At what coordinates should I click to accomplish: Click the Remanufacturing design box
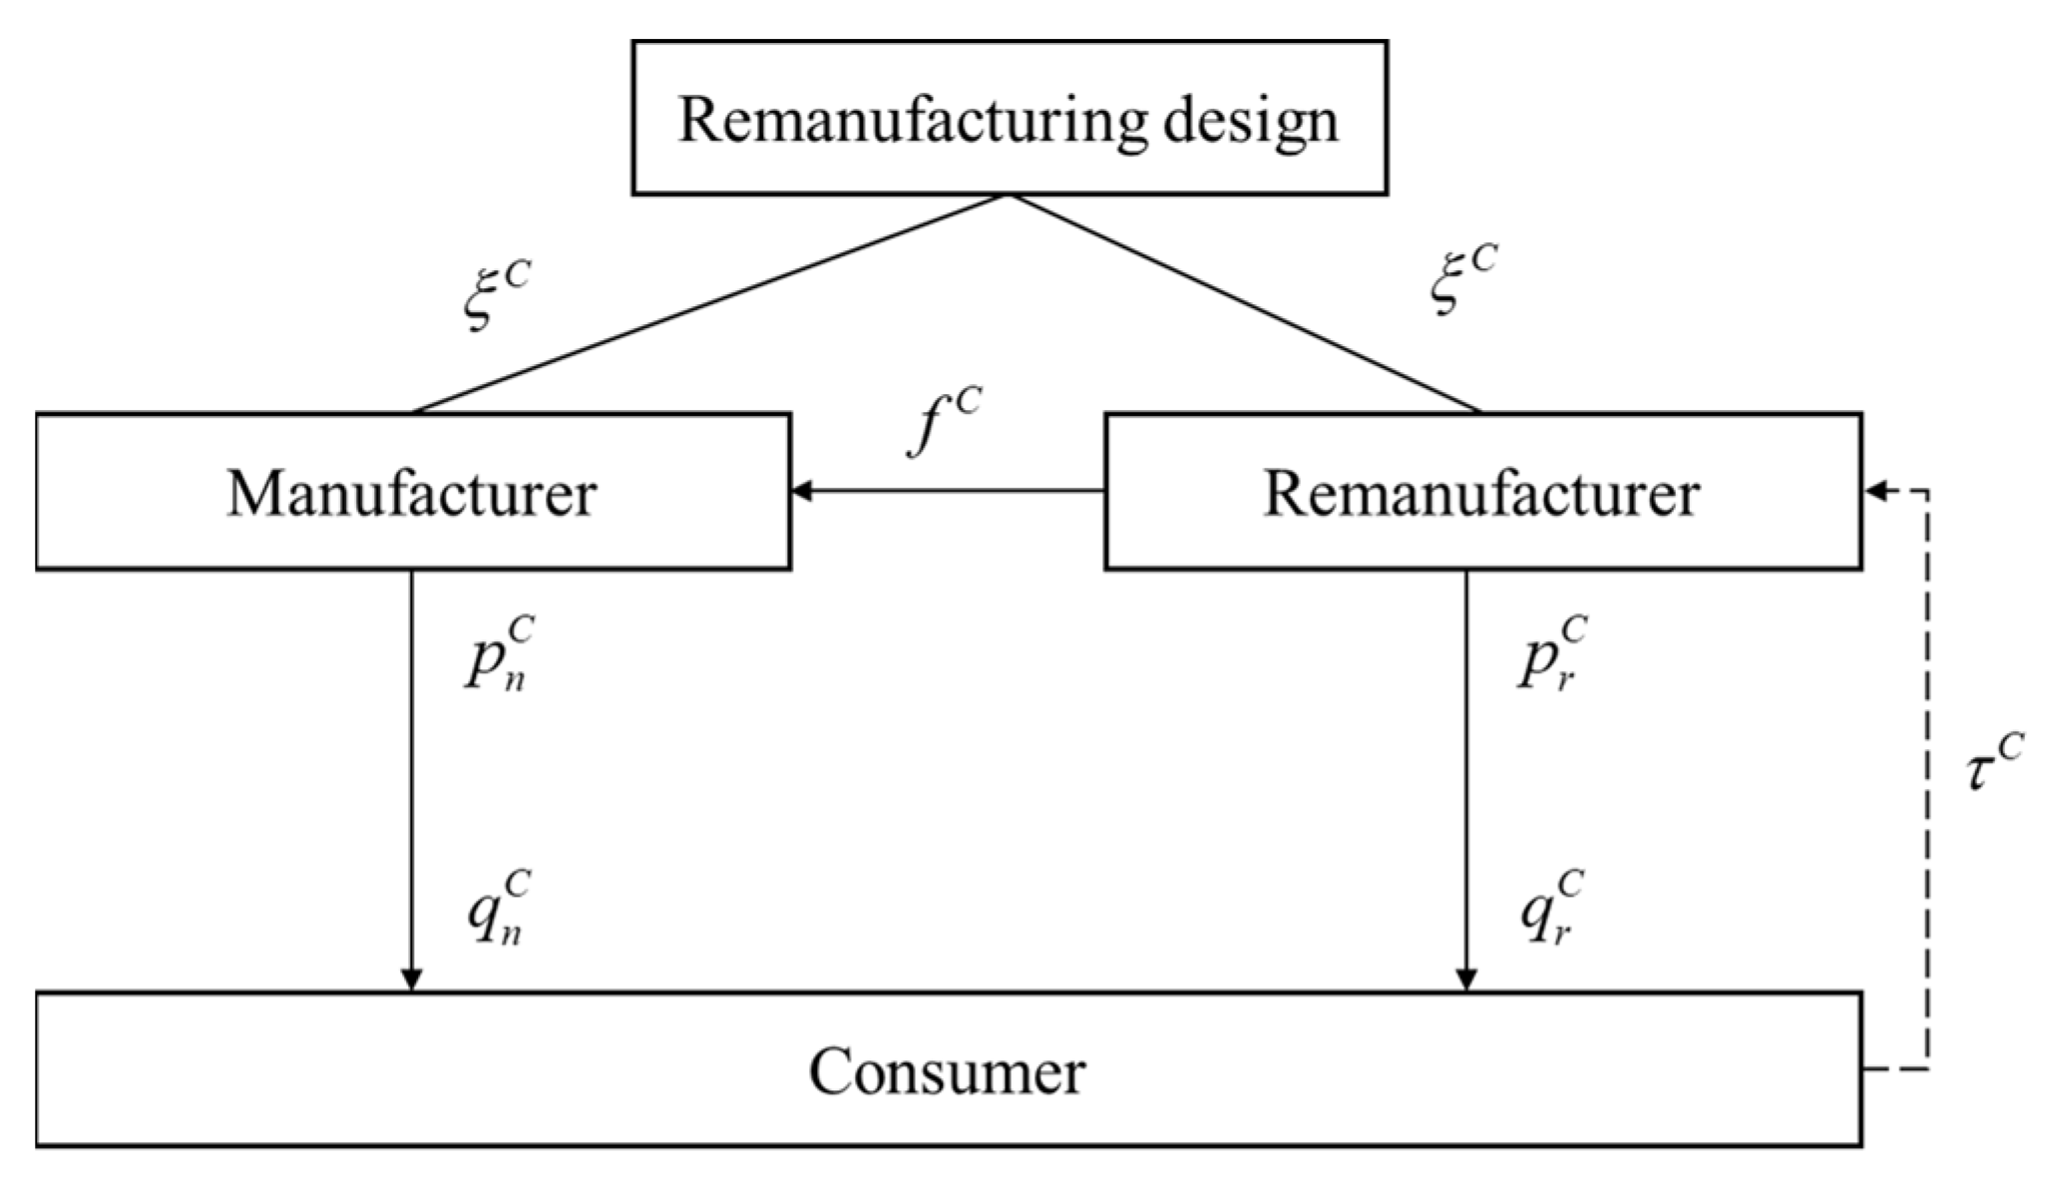click(1009, 118)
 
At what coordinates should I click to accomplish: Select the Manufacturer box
click(412, 492)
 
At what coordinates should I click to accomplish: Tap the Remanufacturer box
click(1482, 492)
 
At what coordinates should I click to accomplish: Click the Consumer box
click(948, 1070)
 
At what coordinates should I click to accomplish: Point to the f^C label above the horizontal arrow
click(943, 421)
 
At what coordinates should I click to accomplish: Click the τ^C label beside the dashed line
click(1994, 763)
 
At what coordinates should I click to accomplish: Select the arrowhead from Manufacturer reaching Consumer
click(411, 980)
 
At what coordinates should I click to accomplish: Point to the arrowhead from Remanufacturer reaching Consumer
click(1465, 980)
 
